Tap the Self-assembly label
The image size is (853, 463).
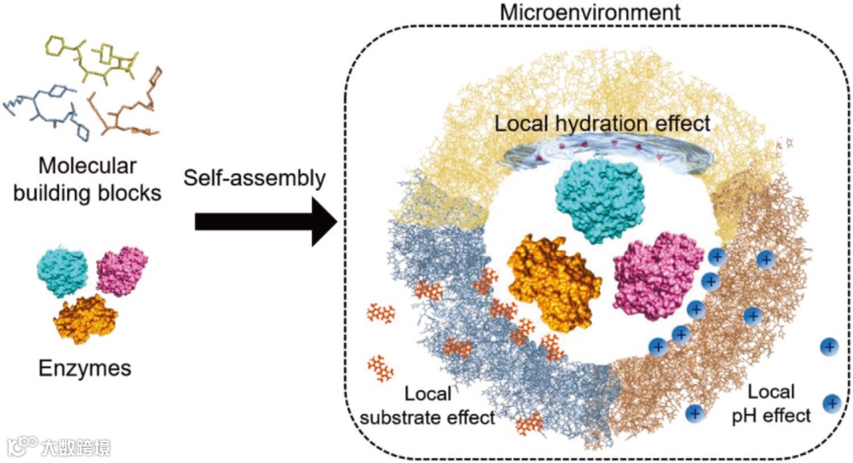pos(254,179)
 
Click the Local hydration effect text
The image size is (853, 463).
pos(603,124)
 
